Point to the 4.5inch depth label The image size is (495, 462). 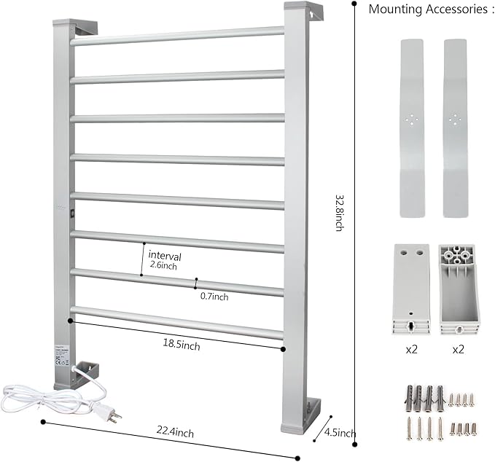click(341, 434)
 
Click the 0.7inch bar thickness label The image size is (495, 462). click(214, 297)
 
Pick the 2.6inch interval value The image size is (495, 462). click(163, 266)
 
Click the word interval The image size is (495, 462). click(164, 256)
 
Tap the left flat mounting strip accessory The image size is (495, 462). click(412, 127)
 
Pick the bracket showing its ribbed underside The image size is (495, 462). click(459, 289)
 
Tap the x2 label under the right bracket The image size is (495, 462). click(459, 349)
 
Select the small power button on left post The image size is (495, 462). click(71, 214)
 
